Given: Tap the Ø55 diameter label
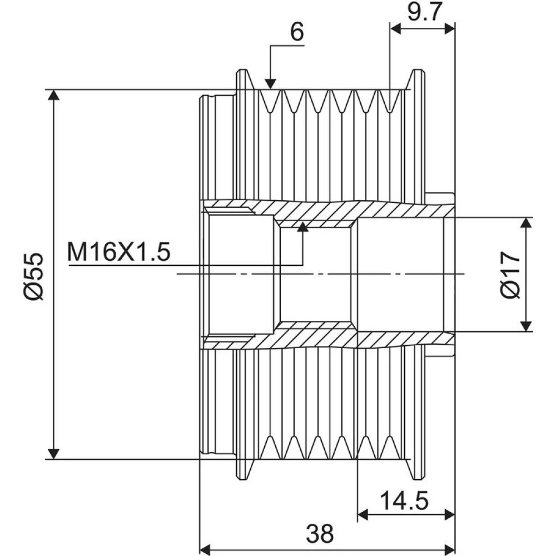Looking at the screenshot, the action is (34, 276).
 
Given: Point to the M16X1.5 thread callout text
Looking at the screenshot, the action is (119, 252).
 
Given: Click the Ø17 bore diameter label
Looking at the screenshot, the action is (510, 275).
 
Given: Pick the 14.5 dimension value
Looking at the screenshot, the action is (404, 500).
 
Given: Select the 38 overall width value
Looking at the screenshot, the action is (320, 534).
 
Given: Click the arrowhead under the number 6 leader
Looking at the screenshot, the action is (270, 84).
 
